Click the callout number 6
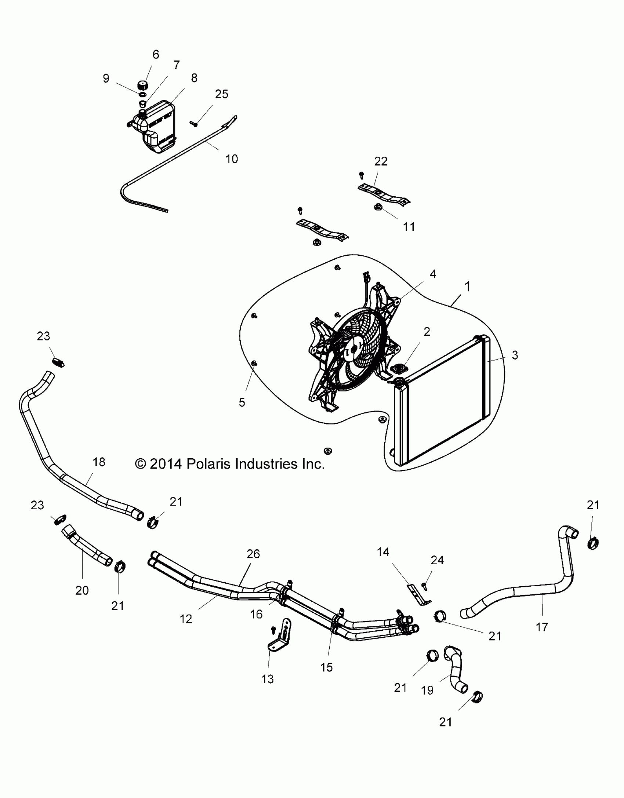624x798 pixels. point(156,55)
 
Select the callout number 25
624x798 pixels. point(221,94)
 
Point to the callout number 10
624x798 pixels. point(232,159)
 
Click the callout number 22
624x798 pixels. point(381,161)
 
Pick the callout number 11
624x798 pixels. point(409,227)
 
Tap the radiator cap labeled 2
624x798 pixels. point(398,368)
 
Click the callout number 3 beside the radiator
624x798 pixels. point(515,355)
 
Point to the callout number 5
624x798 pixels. point(242,402)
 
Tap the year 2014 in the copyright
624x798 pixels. point(166,464)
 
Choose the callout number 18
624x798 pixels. point(99,462)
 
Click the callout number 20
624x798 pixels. point(82,590)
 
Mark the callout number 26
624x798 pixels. point(253,554)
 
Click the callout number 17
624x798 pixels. point(542,627)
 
